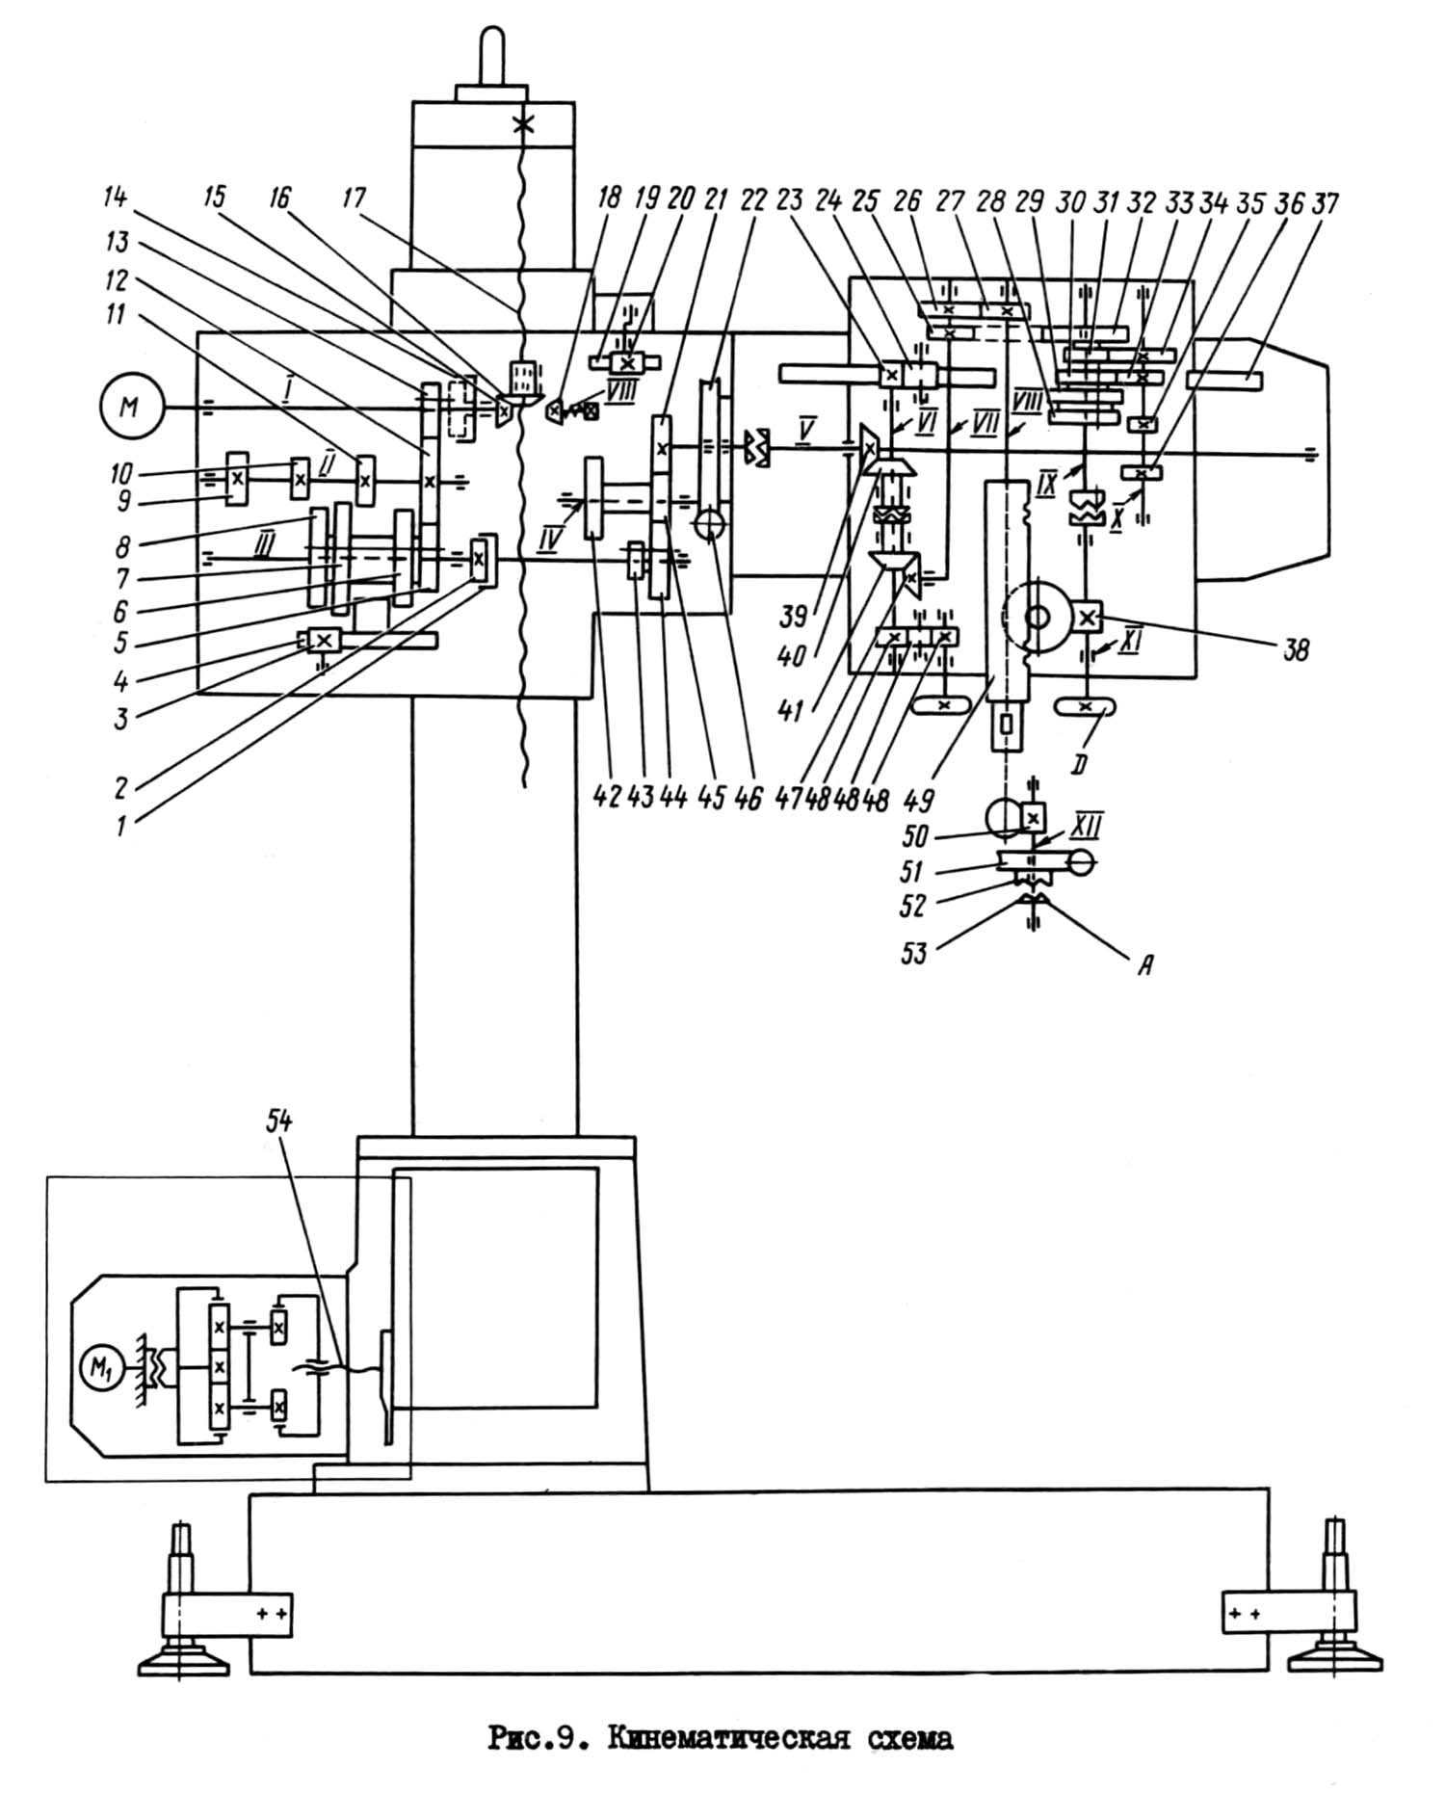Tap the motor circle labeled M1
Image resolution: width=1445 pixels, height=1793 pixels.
coord(100,1370)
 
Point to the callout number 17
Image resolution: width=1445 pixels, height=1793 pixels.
coord(355,198)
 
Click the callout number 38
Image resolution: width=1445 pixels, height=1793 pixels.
coord(1297,650)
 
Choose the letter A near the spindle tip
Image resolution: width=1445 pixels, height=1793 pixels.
coord(1144,964)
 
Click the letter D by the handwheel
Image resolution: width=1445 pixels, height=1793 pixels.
coord(1079,765)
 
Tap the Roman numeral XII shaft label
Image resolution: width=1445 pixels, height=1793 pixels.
coord(1086,827)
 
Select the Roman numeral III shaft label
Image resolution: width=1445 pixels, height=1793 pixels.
coord(262,546)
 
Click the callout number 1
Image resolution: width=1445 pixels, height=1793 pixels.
coord(120,826)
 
